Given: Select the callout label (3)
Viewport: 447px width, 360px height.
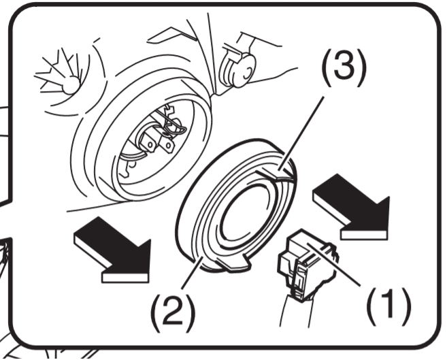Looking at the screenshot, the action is pos(343,67).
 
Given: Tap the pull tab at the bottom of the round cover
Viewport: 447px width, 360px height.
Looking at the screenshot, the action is pos(234,263).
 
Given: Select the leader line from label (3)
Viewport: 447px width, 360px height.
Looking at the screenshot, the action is pos(301,134).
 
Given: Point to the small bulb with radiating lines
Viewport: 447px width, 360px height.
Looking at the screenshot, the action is pos(71,84).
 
